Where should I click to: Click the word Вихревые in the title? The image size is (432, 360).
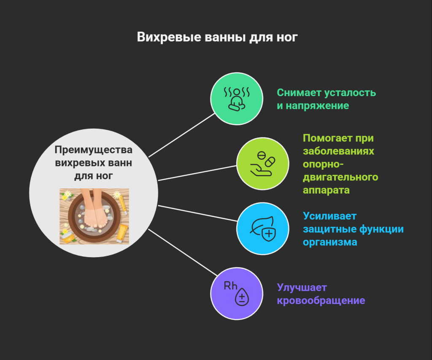tap(169, 37)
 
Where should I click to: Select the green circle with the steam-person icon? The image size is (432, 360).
tap(237, 99)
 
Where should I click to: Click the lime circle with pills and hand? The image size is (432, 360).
tap(263, 164)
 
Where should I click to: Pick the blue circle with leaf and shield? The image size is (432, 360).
tap(263, 228)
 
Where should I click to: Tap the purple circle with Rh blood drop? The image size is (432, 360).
tap(237, 293)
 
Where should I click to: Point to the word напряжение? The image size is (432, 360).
tap(317, 106)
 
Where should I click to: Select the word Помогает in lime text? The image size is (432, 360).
tap(327, 138)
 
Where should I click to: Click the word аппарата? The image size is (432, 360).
tap(326, 190)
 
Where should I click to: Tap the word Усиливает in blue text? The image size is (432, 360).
tap(330, 216)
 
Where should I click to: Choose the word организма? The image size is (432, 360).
tap(330, 242)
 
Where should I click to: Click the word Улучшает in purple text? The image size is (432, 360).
tap(302, 287)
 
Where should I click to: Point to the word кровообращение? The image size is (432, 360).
tap(321, 301)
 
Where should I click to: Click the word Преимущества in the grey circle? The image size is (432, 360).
tap(93, 150)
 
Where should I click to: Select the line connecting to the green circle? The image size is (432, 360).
tap(181, 135)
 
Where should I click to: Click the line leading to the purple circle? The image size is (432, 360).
tap(183, 253)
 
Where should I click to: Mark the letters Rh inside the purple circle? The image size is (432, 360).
tap(230, 286)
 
